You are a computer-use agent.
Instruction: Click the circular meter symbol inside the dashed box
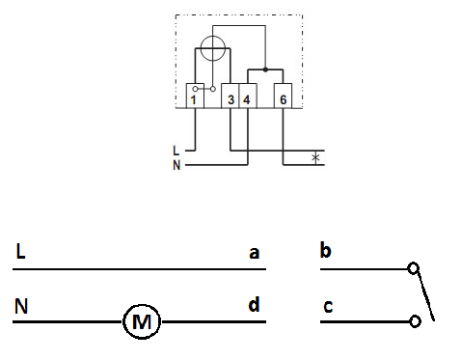(x=212, y=48)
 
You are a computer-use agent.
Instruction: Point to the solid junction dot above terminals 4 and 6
(x=265, y=69)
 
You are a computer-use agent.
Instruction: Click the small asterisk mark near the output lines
(x=315, y=157)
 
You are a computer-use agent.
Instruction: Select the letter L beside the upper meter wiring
(x=176, y=151)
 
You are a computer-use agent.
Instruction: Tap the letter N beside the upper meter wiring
(x=176, y=165)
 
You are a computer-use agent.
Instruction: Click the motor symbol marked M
(x=142, y=321)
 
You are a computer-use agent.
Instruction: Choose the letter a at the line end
(x=254, y=253)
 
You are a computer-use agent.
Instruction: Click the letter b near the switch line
(x=325, y=250)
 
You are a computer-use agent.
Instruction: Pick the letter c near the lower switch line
(x=328, y=307)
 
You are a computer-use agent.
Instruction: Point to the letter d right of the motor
(x=254, y=304)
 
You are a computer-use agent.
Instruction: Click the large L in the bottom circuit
(x=20, y=251)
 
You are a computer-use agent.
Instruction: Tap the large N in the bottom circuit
(x=21, y=306)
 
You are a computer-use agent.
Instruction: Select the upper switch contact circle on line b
(x=413, y=268)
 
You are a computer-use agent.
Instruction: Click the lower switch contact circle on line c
(x=415, y=321)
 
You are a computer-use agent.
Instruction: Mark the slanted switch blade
(x=425, y=294)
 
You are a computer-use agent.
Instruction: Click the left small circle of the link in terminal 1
(x=195, y=89)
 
